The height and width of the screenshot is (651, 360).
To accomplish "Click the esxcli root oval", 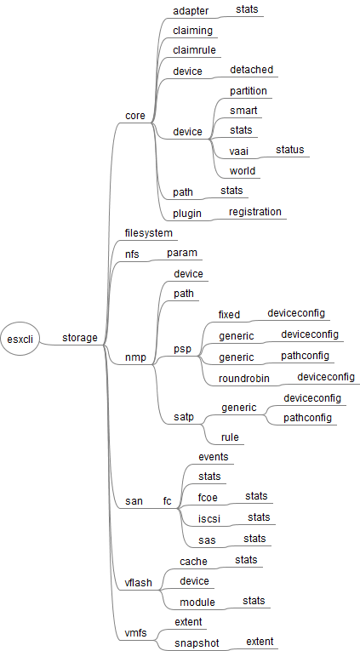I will coord(20,339).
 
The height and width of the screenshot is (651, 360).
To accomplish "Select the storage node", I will coord(80,339).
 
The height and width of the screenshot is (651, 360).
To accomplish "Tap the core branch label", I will coord(134,114).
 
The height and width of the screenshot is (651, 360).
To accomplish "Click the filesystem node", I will coord(149,232).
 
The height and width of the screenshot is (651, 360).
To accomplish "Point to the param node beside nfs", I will coord(182,254).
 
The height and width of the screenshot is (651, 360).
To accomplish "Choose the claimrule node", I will coord(194,50).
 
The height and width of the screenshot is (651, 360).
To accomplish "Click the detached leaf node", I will coord(251,70).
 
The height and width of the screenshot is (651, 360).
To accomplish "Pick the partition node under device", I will coord(248,91).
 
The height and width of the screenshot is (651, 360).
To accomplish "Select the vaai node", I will coord(239,151).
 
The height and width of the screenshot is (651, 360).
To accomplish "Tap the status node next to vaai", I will coord(289,150).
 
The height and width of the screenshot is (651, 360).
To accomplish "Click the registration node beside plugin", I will coord(254,212).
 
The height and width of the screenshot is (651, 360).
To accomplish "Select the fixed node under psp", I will coord(229,315).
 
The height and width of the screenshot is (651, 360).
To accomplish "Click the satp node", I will coord(183,417).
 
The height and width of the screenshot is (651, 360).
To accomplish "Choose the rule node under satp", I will coord(229,437).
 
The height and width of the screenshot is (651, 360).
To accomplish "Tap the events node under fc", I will coord(213,457).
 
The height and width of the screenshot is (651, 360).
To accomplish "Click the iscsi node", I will coord(210,518).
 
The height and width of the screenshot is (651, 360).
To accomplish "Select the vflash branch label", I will coord(139,583).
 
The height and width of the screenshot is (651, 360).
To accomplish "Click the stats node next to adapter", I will coord(248,9).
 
